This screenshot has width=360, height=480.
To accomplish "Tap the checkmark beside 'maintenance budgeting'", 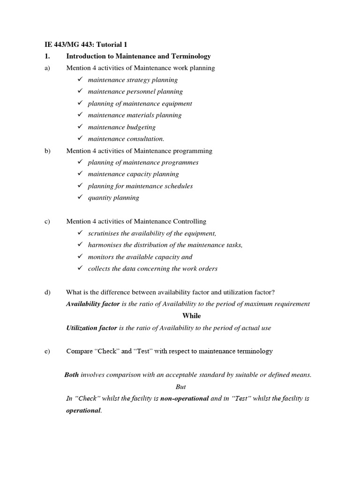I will pos(80,127).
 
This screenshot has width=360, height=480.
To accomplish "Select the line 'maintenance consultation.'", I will pos(126,139).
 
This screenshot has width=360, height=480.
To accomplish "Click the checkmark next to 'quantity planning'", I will pos(80,197).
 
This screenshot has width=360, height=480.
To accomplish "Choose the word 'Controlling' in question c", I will pos(188,221).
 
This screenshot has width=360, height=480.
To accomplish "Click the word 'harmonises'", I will pos(104,245).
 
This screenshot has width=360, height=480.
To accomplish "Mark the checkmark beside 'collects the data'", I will pos(80,268).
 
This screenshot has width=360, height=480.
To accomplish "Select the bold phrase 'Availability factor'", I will pos(93,304).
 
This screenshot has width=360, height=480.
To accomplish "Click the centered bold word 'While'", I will pos(191,316).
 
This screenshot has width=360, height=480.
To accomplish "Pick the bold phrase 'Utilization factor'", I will pos(91,328).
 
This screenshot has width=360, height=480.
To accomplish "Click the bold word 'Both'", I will pos(71,375).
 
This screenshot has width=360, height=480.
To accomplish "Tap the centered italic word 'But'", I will pos(180,387).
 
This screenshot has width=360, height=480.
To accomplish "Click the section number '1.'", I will pos(47,56).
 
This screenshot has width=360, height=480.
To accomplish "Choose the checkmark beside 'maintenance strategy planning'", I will pos(80,80).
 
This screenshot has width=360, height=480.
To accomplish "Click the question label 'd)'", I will pos(47,292).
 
